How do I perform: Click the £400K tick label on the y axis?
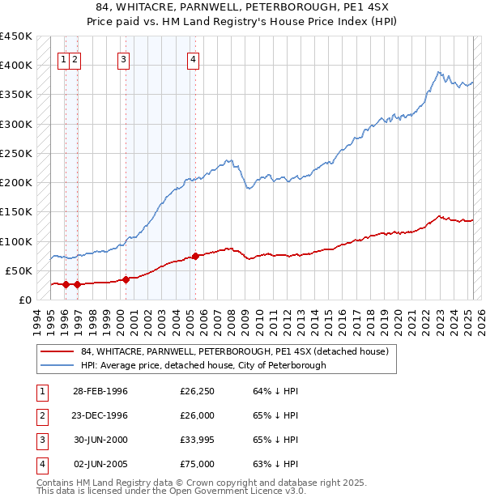tap(16, 66)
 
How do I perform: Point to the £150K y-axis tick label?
tap(16, 212)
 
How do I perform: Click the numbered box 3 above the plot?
tap(123, 58)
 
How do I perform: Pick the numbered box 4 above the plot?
tap(194, 58)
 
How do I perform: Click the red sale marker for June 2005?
tap(196, 256)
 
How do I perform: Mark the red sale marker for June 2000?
tap(126, 280)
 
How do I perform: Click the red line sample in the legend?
tap(56, 352)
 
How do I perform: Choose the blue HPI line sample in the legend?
tap(56, 365)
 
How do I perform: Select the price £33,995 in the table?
tap(198, 440)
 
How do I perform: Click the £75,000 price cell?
tap(198, 465)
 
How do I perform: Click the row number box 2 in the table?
tap(40, 416)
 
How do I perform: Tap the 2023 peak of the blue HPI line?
tap(437, 72)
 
